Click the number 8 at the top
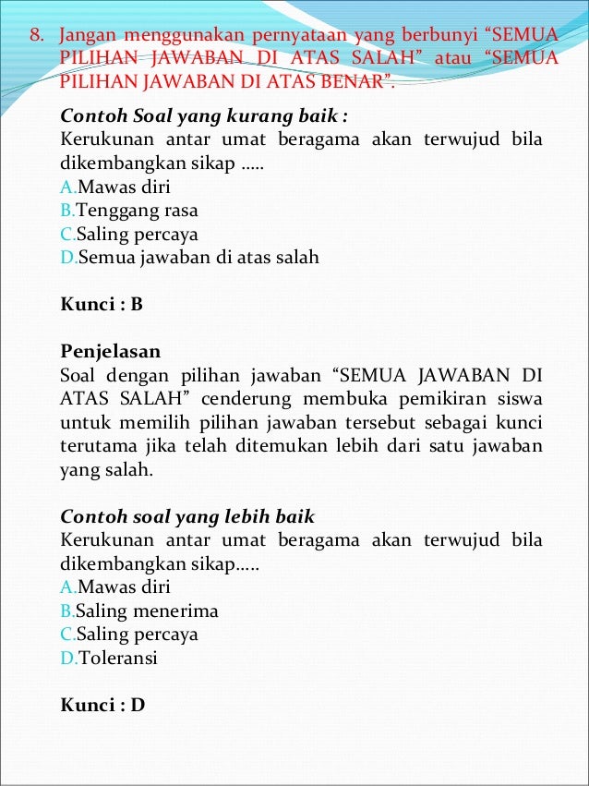tap(36, 37)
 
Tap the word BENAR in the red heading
tap(356, 81)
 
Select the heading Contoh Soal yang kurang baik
tap(204, 117)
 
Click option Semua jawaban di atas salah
tap(198, 258)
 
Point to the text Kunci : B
tap(102, 304)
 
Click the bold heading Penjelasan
tap(110, 352)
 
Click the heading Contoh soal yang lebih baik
tap(187, 515)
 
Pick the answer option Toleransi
tap(118, 659)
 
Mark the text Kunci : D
tap(102, 706)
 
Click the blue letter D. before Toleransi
tap(68, 659)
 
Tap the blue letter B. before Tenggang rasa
tap(67, 211)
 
